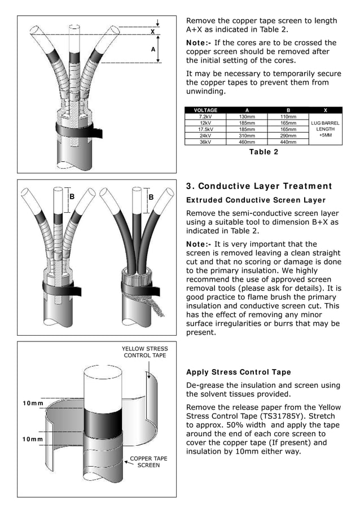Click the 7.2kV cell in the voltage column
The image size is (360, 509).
(x=205, y=117)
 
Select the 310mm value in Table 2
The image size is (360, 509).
(x=247, y=135)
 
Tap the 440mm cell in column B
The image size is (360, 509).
(x=288, y=142)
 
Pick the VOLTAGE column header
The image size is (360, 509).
(x=205, y=111)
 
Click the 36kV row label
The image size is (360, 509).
(x=205, y=142)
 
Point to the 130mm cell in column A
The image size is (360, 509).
(x=247, y=117)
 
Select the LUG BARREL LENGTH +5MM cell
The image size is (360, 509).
(x=326, y=129)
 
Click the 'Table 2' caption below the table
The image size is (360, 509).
(x=264, y=152)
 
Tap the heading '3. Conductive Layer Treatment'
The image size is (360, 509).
(x=259, y=187)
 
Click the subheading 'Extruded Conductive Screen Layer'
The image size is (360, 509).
(x=256, y=200)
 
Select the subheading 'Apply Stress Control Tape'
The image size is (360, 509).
(x=239, y=372)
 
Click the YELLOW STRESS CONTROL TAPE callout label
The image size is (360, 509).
(x=145, y=352)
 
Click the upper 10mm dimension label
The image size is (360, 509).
(x=33, y=403)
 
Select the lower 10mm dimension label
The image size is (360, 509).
(x=33, y=439)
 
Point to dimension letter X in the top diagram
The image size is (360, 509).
(x=152, y=32)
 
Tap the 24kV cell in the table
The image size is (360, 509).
(x=205, y=135)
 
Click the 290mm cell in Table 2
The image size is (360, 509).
(x=288, y=135)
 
